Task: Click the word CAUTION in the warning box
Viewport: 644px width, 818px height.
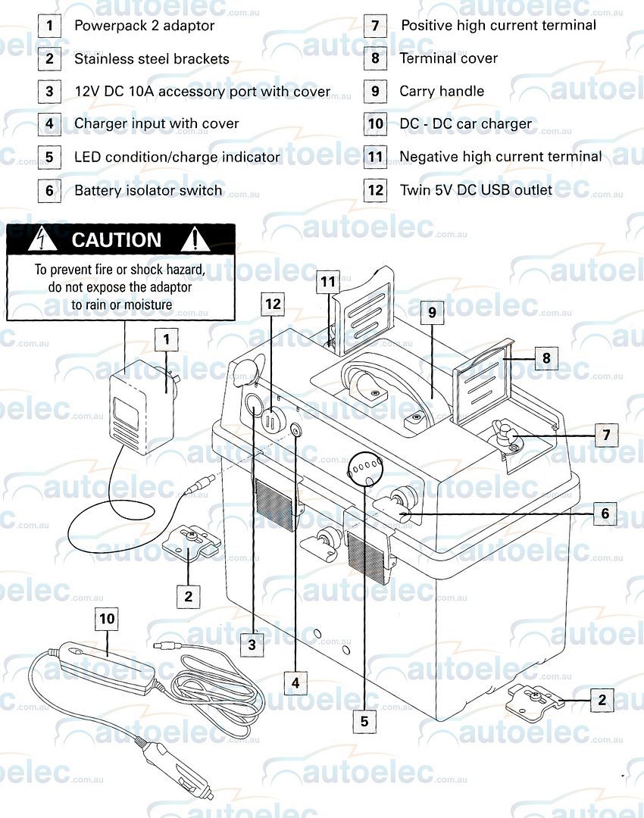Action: pyautogui.click(x=116, y=240)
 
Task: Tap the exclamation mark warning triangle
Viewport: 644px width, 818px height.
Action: pyautogui.click(x=195, y=240)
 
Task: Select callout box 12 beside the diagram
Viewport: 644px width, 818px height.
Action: pyautogui.click(x=274, y=304)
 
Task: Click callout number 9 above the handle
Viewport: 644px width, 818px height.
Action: pyautogui.click(x=430, y=312)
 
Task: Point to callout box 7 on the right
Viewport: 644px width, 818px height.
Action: pyautogui.click(x=605, y=436)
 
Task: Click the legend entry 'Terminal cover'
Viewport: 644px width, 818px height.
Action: pyautogui.click(x=449, y=58)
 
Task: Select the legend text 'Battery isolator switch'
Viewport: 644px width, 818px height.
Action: pyautogui.click(x=148, y=190)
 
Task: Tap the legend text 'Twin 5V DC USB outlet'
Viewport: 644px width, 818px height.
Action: pyautogui.click(x=476, y=189)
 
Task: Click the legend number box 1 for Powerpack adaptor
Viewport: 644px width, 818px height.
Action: pyautogui.click(x=49, y=26)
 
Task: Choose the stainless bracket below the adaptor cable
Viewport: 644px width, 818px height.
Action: pyautogui.click(x=190, y=544)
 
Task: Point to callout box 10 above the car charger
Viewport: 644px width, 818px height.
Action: pyautogui.click(x=107, y=619)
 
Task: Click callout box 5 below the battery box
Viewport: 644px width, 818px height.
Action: pyautogui.click(x=364, y=721)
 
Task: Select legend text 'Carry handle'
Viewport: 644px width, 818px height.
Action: pyautogui.click(x=442, y=91)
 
